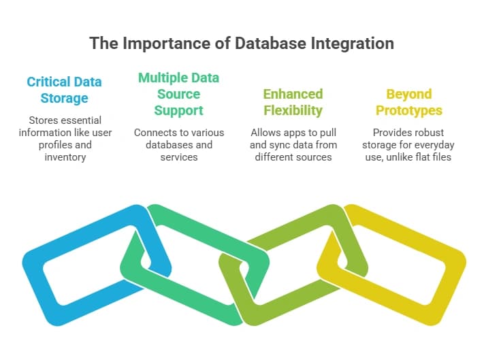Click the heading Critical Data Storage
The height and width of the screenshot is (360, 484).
64,90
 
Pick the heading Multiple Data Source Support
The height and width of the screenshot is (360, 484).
179,94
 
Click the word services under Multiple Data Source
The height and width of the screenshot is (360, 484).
179,157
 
